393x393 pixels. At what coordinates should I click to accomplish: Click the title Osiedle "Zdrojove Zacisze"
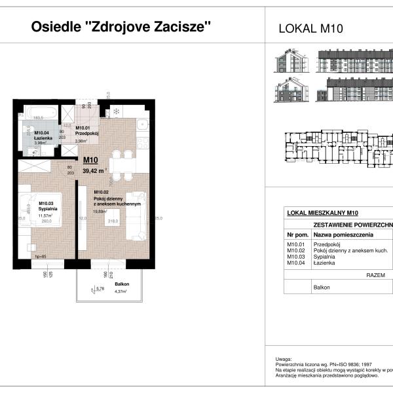click(122, 27)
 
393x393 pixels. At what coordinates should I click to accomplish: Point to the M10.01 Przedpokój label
click(86, 131)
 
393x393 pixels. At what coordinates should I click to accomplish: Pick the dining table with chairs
click(119, 164)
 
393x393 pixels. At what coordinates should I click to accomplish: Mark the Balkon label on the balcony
click(121, 284)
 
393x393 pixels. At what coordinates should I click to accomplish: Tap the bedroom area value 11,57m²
click(45, 215)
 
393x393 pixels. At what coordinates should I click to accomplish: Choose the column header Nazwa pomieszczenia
click(343, 234)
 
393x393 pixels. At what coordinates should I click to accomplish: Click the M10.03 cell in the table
click(297, 257)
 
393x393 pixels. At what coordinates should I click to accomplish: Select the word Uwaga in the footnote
click(284, 360)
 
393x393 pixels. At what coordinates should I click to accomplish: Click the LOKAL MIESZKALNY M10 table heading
click(322, 212)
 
